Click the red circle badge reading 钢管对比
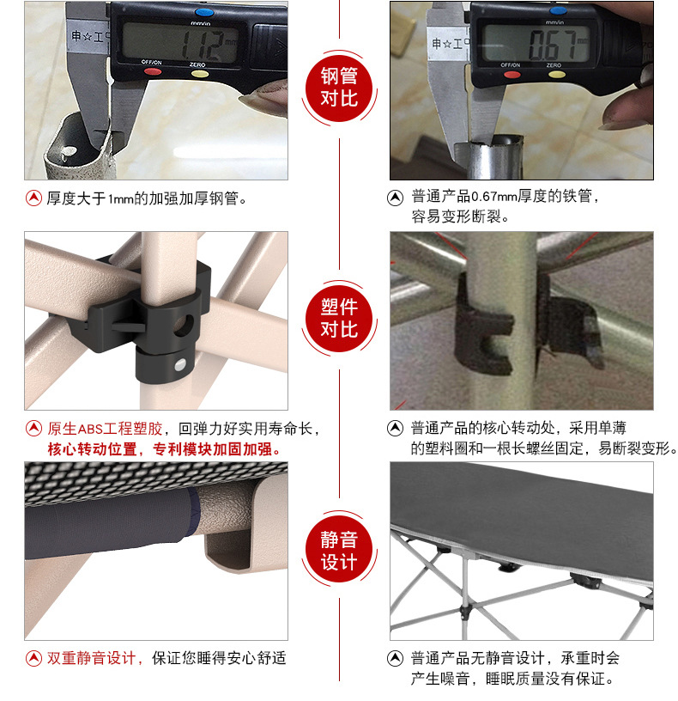339,87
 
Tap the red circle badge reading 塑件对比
339,319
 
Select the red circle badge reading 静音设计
339,550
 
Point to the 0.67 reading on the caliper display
556,44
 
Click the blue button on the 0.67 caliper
558,10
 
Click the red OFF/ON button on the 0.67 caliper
512,74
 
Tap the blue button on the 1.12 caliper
204,12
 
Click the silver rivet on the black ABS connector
179,365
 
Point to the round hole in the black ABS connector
184,326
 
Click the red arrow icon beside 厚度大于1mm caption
34,198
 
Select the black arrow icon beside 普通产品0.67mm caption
395,198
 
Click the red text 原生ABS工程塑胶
105,429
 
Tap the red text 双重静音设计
91,658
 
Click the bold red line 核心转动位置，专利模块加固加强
164,448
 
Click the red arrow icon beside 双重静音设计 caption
34,658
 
